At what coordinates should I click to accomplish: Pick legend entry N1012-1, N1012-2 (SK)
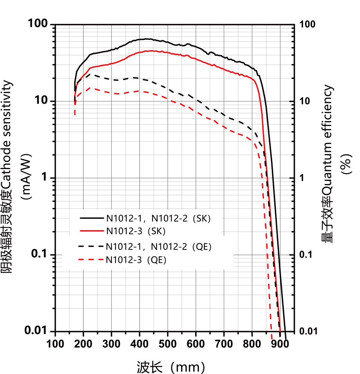[159, 218]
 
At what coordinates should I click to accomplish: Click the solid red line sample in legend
[91, 231]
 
